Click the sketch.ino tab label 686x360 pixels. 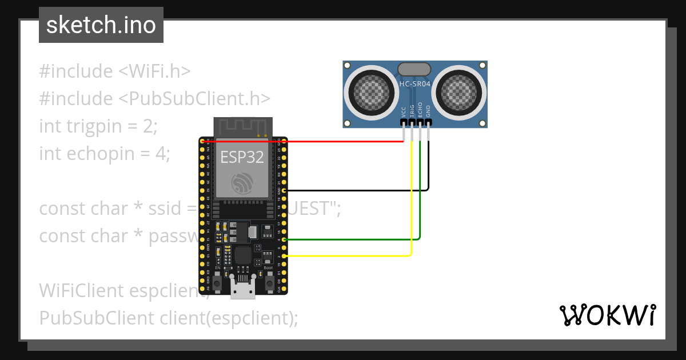click(x=101, y=25)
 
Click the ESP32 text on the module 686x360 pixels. click(x=242, y=157)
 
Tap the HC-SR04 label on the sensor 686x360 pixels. click(x=415, y=83)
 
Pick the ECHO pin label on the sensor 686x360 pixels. click(x=420, y=110)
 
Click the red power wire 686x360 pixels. click(x=343, y=141)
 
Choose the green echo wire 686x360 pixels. click(x=354, y=239)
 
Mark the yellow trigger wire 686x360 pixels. click(x=354, y=256)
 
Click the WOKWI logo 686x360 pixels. click(x=607, y=315)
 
